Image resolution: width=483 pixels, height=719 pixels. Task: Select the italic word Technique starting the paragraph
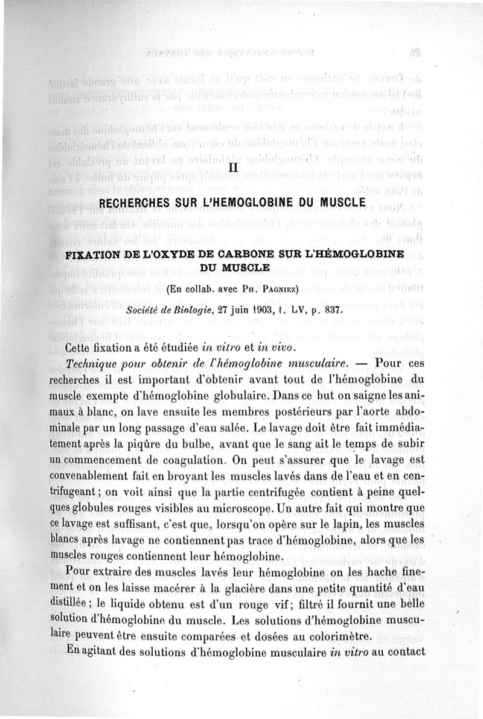(x=100, y=366)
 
